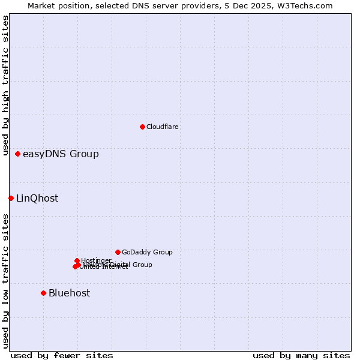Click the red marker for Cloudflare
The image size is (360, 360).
tap(142, 127)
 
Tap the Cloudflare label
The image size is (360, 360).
tap(162, 127)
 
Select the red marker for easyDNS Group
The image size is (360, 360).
tap(18, 154)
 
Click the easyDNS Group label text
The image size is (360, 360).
tap(61, 154)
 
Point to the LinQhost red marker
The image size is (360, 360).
tap(11, 198)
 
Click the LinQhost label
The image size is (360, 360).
tap(37, 199)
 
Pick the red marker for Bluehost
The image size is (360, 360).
tap(43, 293)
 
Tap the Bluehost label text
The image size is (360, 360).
tap(69, 293)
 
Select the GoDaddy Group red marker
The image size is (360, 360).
tap(118, 252)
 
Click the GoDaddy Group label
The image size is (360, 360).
tap(147, 253)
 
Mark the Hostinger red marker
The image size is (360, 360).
tap(77, 260)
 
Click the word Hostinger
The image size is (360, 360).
tap(96, 260)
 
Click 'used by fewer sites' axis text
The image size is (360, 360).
tap(62, 356)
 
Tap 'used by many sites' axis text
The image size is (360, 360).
tap(301, 356)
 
